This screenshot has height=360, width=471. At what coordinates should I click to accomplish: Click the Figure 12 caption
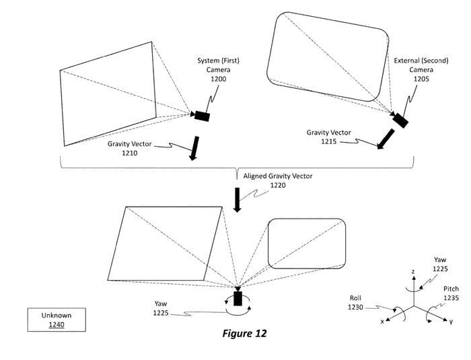[244, 333]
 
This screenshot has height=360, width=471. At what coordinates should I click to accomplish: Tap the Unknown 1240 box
[57, 320]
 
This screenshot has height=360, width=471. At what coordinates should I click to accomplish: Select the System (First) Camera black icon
[202, 116]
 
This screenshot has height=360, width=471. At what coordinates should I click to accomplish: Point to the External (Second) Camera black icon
[400, 120]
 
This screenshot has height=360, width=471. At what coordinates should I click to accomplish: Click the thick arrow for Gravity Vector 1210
[194, 148]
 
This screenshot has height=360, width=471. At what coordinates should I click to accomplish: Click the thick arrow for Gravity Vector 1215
[386, 139]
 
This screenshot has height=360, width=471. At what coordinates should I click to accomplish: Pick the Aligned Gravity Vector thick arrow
[238, 200]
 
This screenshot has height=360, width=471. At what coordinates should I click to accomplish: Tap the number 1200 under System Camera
[218, 79]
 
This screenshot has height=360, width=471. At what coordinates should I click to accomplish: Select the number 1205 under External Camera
[421, 79]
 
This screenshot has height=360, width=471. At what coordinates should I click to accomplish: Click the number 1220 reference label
[278, 186]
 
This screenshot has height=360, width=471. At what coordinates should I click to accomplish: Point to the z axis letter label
[413, 272]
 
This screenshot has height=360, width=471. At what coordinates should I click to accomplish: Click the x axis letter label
[382, 322]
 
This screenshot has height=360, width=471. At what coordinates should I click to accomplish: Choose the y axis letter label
[451, 322]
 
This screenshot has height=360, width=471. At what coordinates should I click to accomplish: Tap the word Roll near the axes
[355, 298]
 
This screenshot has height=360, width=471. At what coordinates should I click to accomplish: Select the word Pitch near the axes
[451, 289]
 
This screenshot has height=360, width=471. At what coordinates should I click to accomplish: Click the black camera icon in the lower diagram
[238, 298]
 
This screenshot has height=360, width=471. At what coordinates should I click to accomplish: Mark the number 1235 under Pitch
[451, 298]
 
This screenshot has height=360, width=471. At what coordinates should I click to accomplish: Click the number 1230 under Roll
[355, 307]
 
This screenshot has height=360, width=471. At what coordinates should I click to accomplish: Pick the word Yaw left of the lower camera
[161, 303]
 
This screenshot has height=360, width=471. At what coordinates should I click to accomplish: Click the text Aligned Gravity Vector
[278, 176]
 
